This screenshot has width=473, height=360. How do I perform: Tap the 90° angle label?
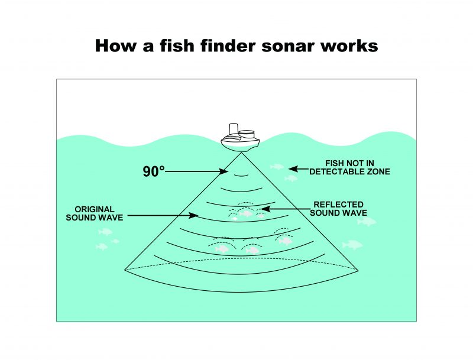(153, 171)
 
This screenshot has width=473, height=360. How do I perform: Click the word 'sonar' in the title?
(277, 47)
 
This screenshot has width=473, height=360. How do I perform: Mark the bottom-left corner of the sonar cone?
(125, 270)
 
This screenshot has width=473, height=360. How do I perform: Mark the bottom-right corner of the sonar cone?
(358, 270)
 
